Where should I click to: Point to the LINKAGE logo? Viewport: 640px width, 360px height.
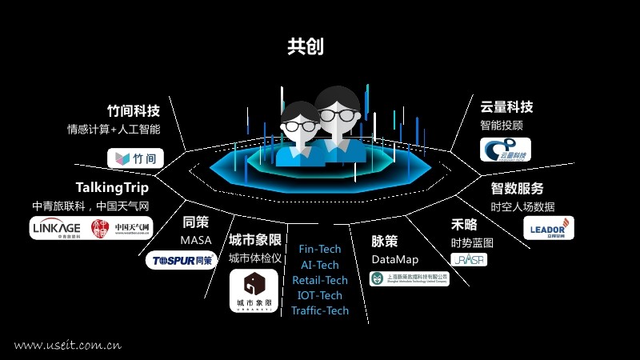(x=56, y=229)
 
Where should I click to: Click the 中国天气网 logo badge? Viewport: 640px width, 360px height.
(x=121, y=229)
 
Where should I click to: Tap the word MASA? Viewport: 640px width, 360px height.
(x=195, y=240)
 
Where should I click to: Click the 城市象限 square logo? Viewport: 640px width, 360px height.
(x=254, y=290)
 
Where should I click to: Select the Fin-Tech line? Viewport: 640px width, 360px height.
(x=319, y=249)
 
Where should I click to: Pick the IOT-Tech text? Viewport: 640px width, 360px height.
(x=319, y=295)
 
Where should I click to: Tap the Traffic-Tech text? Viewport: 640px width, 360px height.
(x=319, y=310)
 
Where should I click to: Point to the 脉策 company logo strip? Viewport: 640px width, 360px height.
(x=409, y=278)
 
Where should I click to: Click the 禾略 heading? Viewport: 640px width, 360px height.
(x=464, y=224)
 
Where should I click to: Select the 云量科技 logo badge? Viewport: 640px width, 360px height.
(x=505, y=150)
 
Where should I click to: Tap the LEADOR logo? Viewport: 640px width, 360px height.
(x=548, y=228)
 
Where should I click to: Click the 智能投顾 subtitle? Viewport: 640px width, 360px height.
(x=502, y=126)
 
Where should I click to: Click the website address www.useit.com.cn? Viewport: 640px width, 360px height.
(x=67, y=346)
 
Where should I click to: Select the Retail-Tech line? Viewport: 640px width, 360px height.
(x=319, y=280)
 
